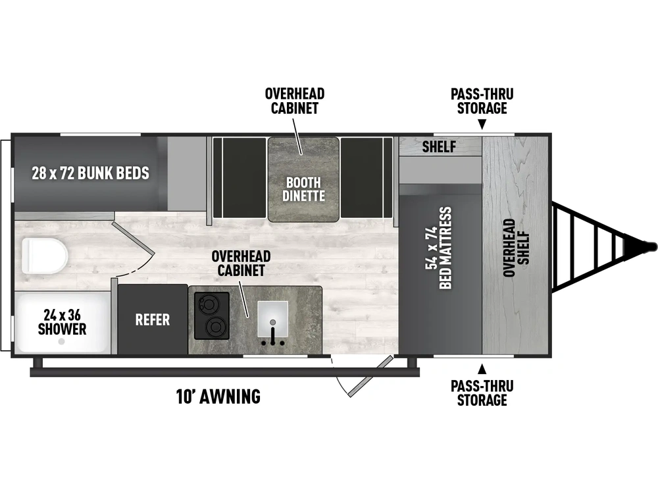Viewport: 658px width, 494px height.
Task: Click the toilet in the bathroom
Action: (x=45, y=255)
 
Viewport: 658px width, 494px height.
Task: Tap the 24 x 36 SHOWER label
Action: (x=62, y=322)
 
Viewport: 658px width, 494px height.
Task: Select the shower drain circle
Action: (x=62, y=341)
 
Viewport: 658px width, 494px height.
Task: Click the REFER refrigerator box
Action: (x=153, y=319)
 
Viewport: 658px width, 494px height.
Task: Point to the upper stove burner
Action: (x=209, y=303)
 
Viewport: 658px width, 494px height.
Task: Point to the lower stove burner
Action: (x=217, y=327)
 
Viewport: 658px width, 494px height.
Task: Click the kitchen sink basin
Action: (x=273, y=319)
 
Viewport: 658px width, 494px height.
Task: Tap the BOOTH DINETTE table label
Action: (x=303, y=189)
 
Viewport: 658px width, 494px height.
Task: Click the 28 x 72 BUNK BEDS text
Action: (x=90, y=173)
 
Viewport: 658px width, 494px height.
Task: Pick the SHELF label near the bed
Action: (x=439, y=147)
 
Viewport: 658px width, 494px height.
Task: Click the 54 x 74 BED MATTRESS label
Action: (x=438, y=248)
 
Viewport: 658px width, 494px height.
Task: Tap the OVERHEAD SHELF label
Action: (x=516, y=248)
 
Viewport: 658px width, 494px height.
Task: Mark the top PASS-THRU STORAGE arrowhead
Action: (x=482, y=124)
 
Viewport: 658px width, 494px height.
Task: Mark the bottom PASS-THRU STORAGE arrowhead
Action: (x=482, y=368)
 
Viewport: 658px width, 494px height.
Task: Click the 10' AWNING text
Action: (x=218, y=397)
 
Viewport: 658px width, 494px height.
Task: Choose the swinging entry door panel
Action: (x=371, y=376)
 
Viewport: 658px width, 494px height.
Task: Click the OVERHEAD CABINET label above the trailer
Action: (x=295, y=101)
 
